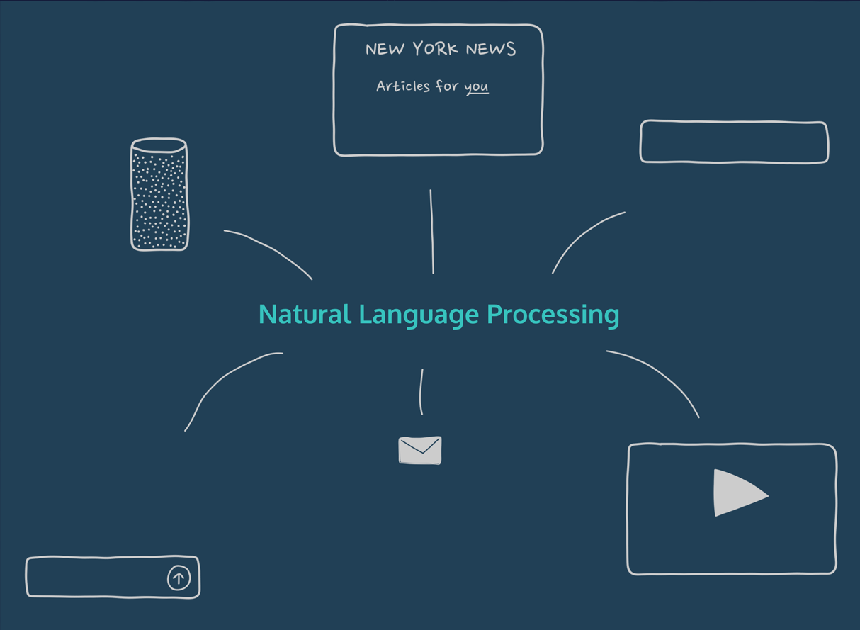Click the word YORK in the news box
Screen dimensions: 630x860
click(435, 49)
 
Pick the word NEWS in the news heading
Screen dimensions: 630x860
click(490, 49)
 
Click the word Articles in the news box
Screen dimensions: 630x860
click(402, 86)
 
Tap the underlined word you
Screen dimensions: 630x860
click(477, 87)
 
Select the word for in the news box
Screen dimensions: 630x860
click(447, 86)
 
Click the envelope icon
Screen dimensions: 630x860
click(420, 450)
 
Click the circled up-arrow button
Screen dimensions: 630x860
click(179, 578)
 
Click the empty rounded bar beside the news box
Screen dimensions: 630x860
click(734, 142)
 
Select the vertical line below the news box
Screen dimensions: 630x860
click(431, 231)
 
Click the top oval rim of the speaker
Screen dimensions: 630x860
click(159, 145)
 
